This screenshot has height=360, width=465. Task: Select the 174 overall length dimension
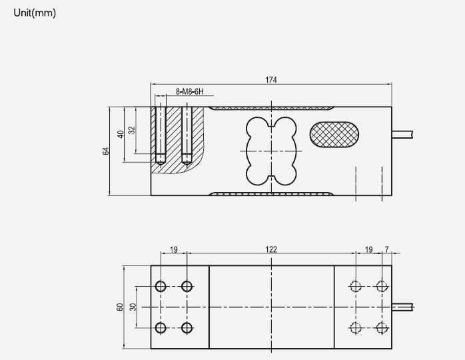[x=271, y=80]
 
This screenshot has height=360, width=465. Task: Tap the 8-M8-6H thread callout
[x=189, y=91]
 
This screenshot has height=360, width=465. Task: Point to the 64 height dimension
[x=105, y=151]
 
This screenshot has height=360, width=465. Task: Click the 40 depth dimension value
[x=120, y=134]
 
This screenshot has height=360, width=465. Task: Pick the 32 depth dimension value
[x=131, y=130]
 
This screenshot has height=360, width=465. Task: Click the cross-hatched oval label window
[x=336, y=133]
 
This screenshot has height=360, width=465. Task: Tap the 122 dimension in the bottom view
[x=271, y=249]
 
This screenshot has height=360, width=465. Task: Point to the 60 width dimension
[x=120, y=307]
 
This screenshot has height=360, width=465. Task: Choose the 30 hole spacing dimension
[x=132, y=307]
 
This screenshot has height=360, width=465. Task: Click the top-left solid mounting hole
[x=161, y=287]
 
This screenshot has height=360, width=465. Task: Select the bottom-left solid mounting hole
[x=161, y=327]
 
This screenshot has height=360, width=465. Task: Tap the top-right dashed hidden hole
[x=381, y=287]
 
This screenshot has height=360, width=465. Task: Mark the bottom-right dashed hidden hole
[x=381, y=327]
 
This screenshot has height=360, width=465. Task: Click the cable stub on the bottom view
[x=403, y=307]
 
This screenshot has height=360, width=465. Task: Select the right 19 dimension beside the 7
[x=368, y=249]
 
